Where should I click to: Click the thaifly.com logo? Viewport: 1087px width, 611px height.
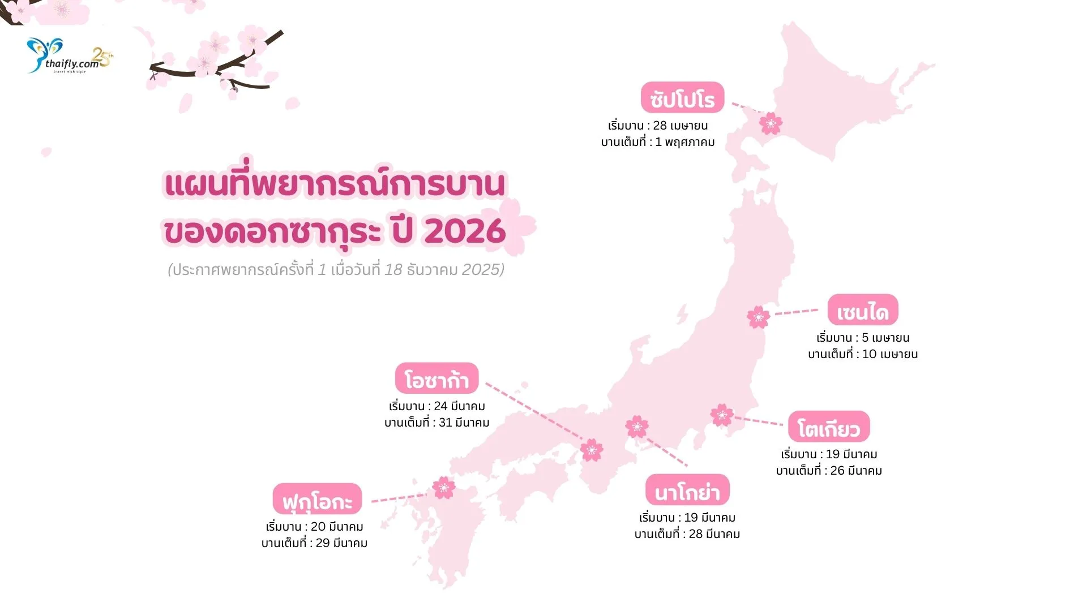coord(69,57)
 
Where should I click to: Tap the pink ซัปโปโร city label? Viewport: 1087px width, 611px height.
coord(682,98)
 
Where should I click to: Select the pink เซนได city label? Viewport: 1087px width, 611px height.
coord(863,310)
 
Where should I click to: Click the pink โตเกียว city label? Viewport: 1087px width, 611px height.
coord(828,427)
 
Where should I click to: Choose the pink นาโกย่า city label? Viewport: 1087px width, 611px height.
coord(687,490)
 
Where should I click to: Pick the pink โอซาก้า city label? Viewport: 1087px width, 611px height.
coord(436,378)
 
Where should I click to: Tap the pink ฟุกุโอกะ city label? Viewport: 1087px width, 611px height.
coord(317,499)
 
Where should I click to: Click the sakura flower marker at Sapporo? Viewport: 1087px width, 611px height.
coord(771,123)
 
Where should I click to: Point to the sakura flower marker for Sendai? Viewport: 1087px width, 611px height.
coord(758,317)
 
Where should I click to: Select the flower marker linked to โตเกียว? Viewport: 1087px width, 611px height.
coord(722,415)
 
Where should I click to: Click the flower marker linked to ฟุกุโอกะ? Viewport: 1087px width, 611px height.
coord(443,487)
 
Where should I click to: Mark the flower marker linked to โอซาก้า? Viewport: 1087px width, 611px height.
coord(592,450)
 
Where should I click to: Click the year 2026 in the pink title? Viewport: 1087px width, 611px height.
coord(465,231)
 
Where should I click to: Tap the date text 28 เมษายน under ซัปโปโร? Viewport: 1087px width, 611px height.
coord(681,126)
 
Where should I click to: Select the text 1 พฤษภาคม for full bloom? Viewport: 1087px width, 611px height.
coord(685,142)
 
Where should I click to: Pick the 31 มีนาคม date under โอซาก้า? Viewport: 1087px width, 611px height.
coord(464,423)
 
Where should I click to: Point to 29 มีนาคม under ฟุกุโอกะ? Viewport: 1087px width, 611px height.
coord(341,543)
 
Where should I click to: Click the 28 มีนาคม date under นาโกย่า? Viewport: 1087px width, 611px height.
coord(714,534)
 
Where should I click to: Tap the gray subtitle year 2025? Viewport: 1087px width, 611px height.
coord(481,269)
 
